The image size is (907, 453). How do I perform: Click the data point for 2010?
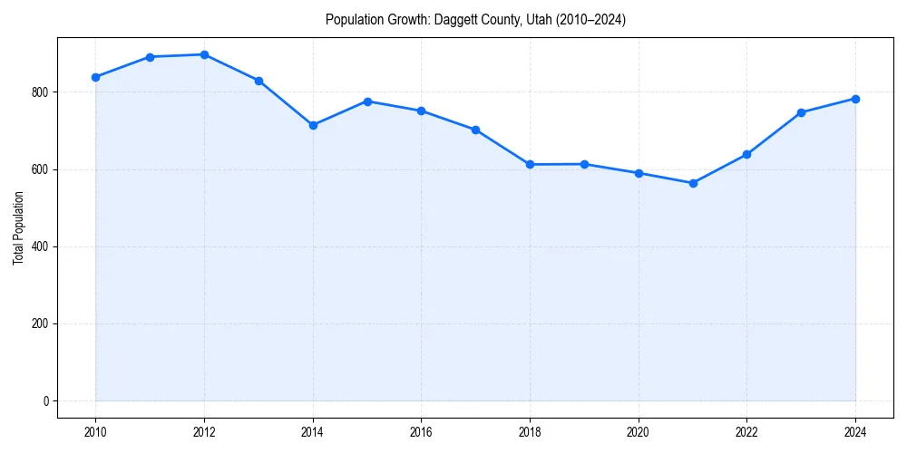tap(95, 77)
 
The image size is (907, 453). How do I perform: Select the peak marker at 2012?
tap(204, 54)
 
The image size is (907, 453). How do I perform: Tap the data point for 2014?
tap(313, 125)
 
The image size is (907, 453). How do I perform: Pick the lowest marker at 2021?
tap(693, 183)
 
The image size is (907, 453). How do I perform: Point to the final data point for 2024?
tap(855, 99)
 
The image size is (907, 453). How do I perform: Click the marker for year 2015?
tap(367, 101)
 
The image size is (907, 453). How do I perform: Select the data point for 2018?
tap(530, 165)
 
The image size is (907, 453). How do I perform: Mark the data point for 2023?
tap(801, 112)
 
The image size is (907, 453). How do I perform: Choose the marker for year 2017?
tap(475, 130)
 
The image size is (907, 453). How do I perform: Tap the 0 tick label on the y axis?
tap(45, 401)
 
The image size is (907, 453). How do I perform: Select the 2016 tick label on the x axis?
tap(421, 433)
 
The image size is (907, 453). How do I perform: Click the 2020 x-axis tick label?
tap(639, 433)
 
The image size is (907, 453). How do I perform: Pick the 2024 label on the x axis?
tap(855, 433)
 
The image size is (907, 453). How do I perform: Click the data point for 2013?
tap(258, 81)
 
